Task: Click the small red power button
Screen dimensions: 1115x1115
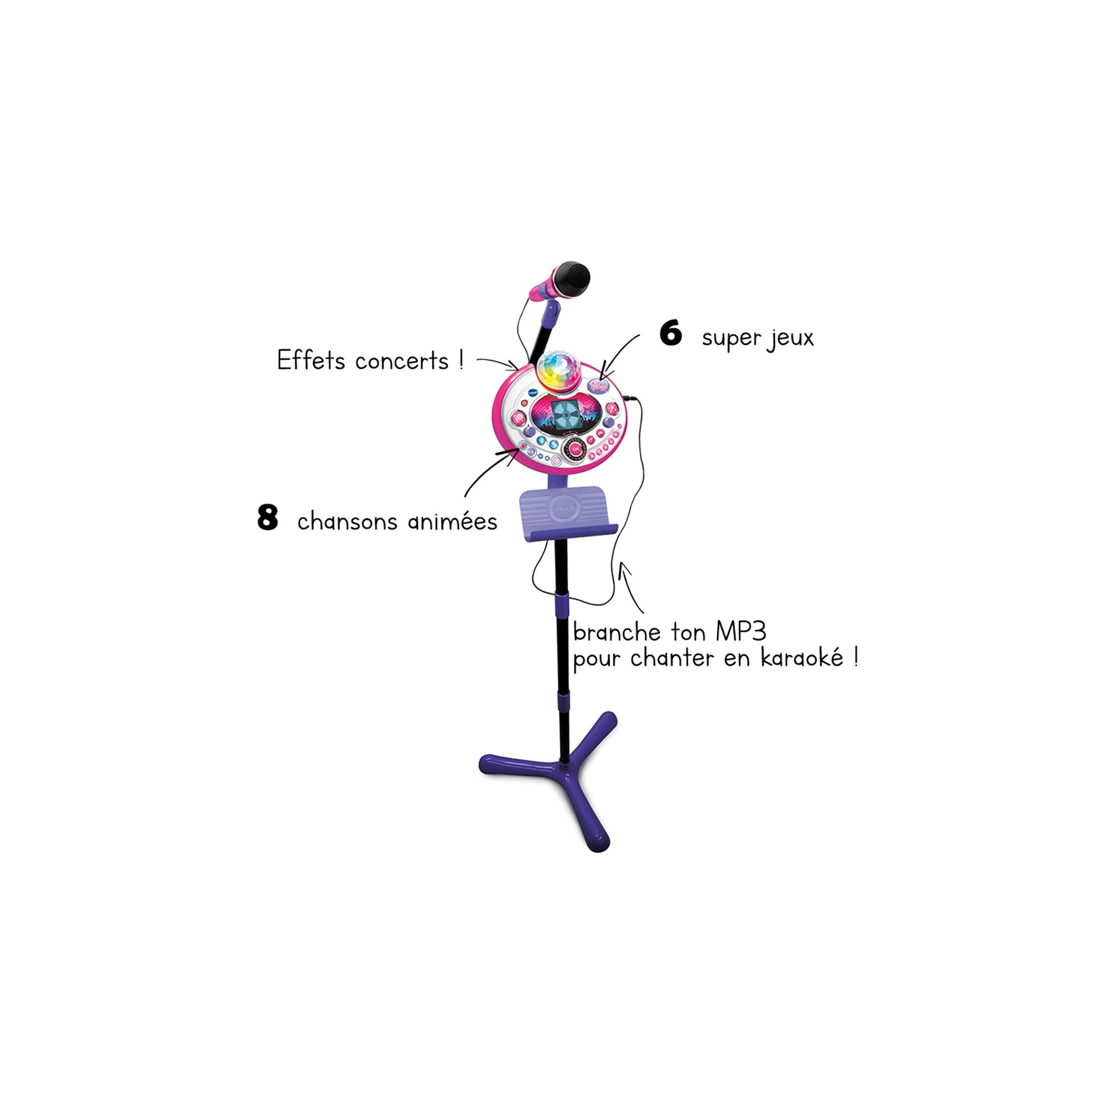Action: coord(525,403)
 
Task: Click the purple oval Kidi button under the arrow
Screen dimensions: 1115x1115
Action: coord(598,385)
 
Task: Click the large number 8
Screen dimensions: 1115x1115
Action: coord(267,517)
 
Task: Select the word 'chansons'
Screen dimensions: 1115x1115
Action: coord(348,522)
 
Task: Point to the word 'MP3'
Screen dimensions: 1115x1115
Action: coord(741,632)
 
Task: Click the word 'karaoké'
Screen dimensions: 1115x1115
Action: coord(802,657)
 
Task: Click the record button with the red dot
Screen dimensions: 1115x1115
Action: coord(523,445)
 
